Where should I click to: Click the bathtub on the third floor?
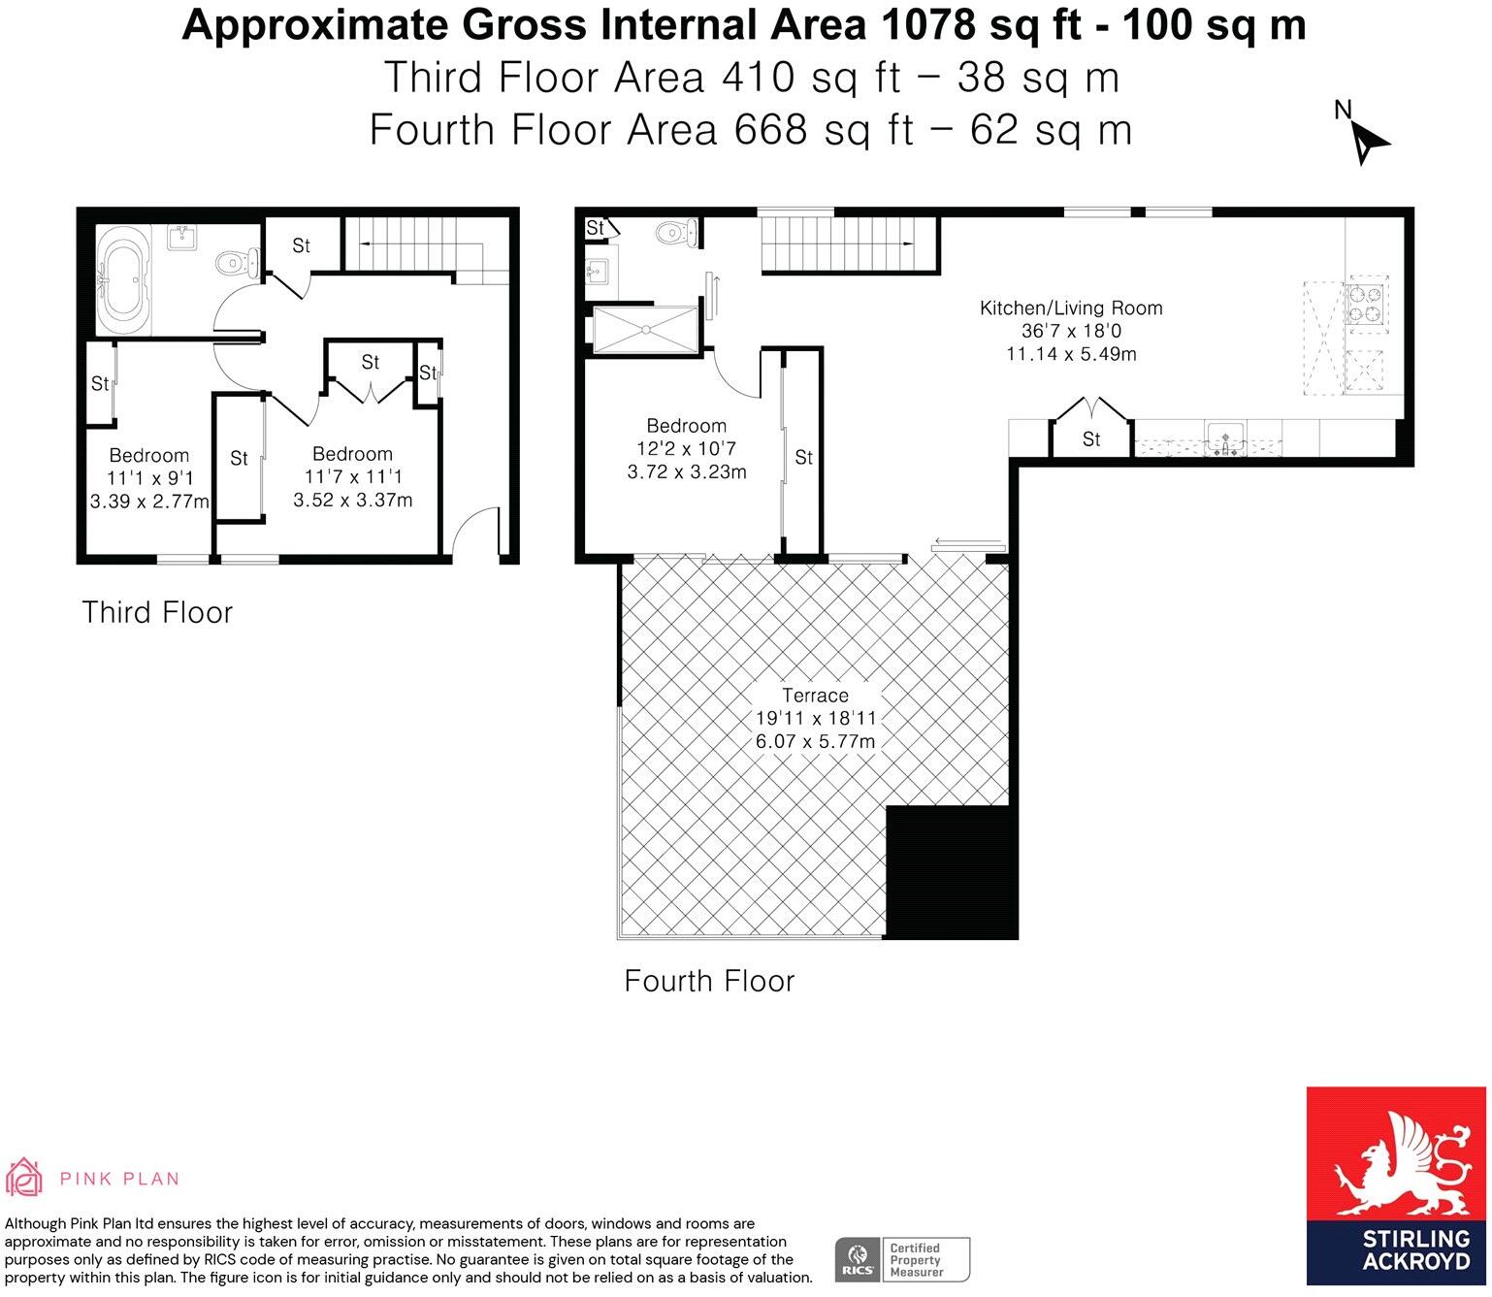[x=124, y=280]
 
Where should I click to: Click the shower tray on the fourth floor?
[x=645, y=330]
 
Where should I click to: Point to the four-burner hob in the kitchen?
[x=1365, y=304]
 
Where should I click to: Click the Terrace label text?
[x=815, y=695]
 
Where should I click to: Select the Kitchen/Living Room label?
[x=1071, y=308]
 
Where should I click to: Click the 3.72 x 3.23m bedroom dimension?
[x=686, y=471]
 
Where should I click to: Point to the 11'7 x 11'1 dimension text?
[x=353, y=477]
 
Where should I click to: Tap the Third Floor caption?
[x=157, y=612]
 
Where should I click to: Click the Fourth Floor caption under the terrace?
[x=709, y=981]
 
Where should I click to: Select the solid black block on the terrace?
[x=952, y=872]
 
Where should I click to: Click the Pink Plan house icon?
[x=24, y=1177]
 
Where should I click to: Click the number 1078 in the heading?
[x=927, y=25]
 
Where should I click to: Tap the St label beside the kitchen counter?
[x=1091, y=438]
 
